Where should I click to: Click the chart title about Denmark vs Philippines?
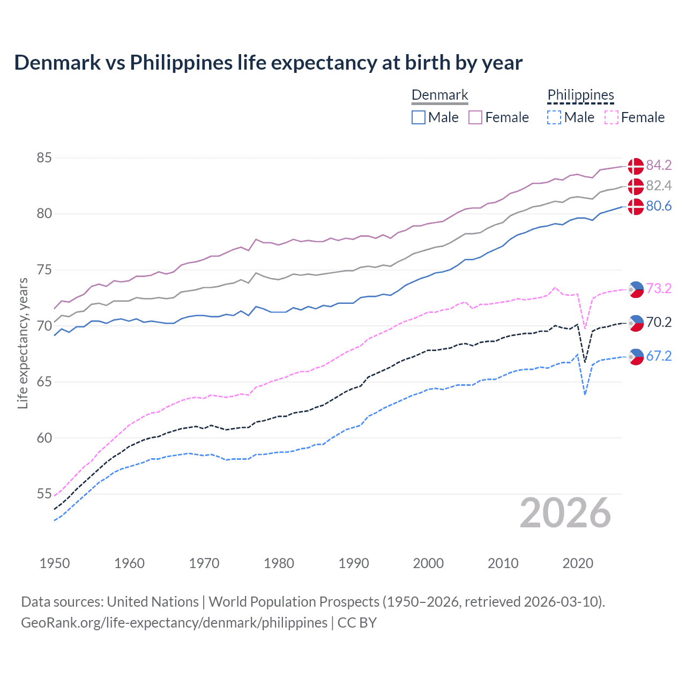(268, 63)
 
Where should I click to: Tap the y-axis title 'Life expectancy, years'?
(23, 343)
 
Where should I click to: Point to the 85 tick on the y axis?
(44, 158)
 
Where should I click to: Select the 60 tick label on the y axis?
(44, 438)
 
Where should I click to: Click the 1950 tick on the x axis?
(55, 563)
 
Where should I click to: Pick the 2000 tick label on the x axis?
(428, 563)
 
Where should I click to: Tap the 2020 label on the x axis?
(578, 563)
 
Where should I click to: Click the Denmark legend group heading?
(439, 95)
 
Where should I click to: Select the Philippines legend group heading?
(580, 95)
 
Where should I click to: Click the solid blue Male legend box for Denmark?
(419, 117)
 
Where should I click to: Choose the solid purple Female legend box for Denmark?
(475, 117)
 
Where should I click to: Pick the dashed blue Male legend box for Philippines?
(554, 117)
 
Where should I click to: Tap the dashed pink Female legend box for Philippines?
(611, 117)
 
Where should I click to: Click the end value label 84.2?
(659, 165)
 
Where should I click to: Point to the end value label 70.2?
(659, 322)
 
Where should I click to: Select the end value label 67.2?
(659, 356)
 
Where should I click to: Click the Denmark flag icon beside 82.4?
(636, 187)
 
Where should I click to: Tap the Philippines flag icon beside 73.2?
(636, 289)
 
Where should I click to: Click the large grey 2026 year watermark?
(565, 513)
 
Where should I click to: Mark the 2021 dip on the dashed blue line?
(585, 394)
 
